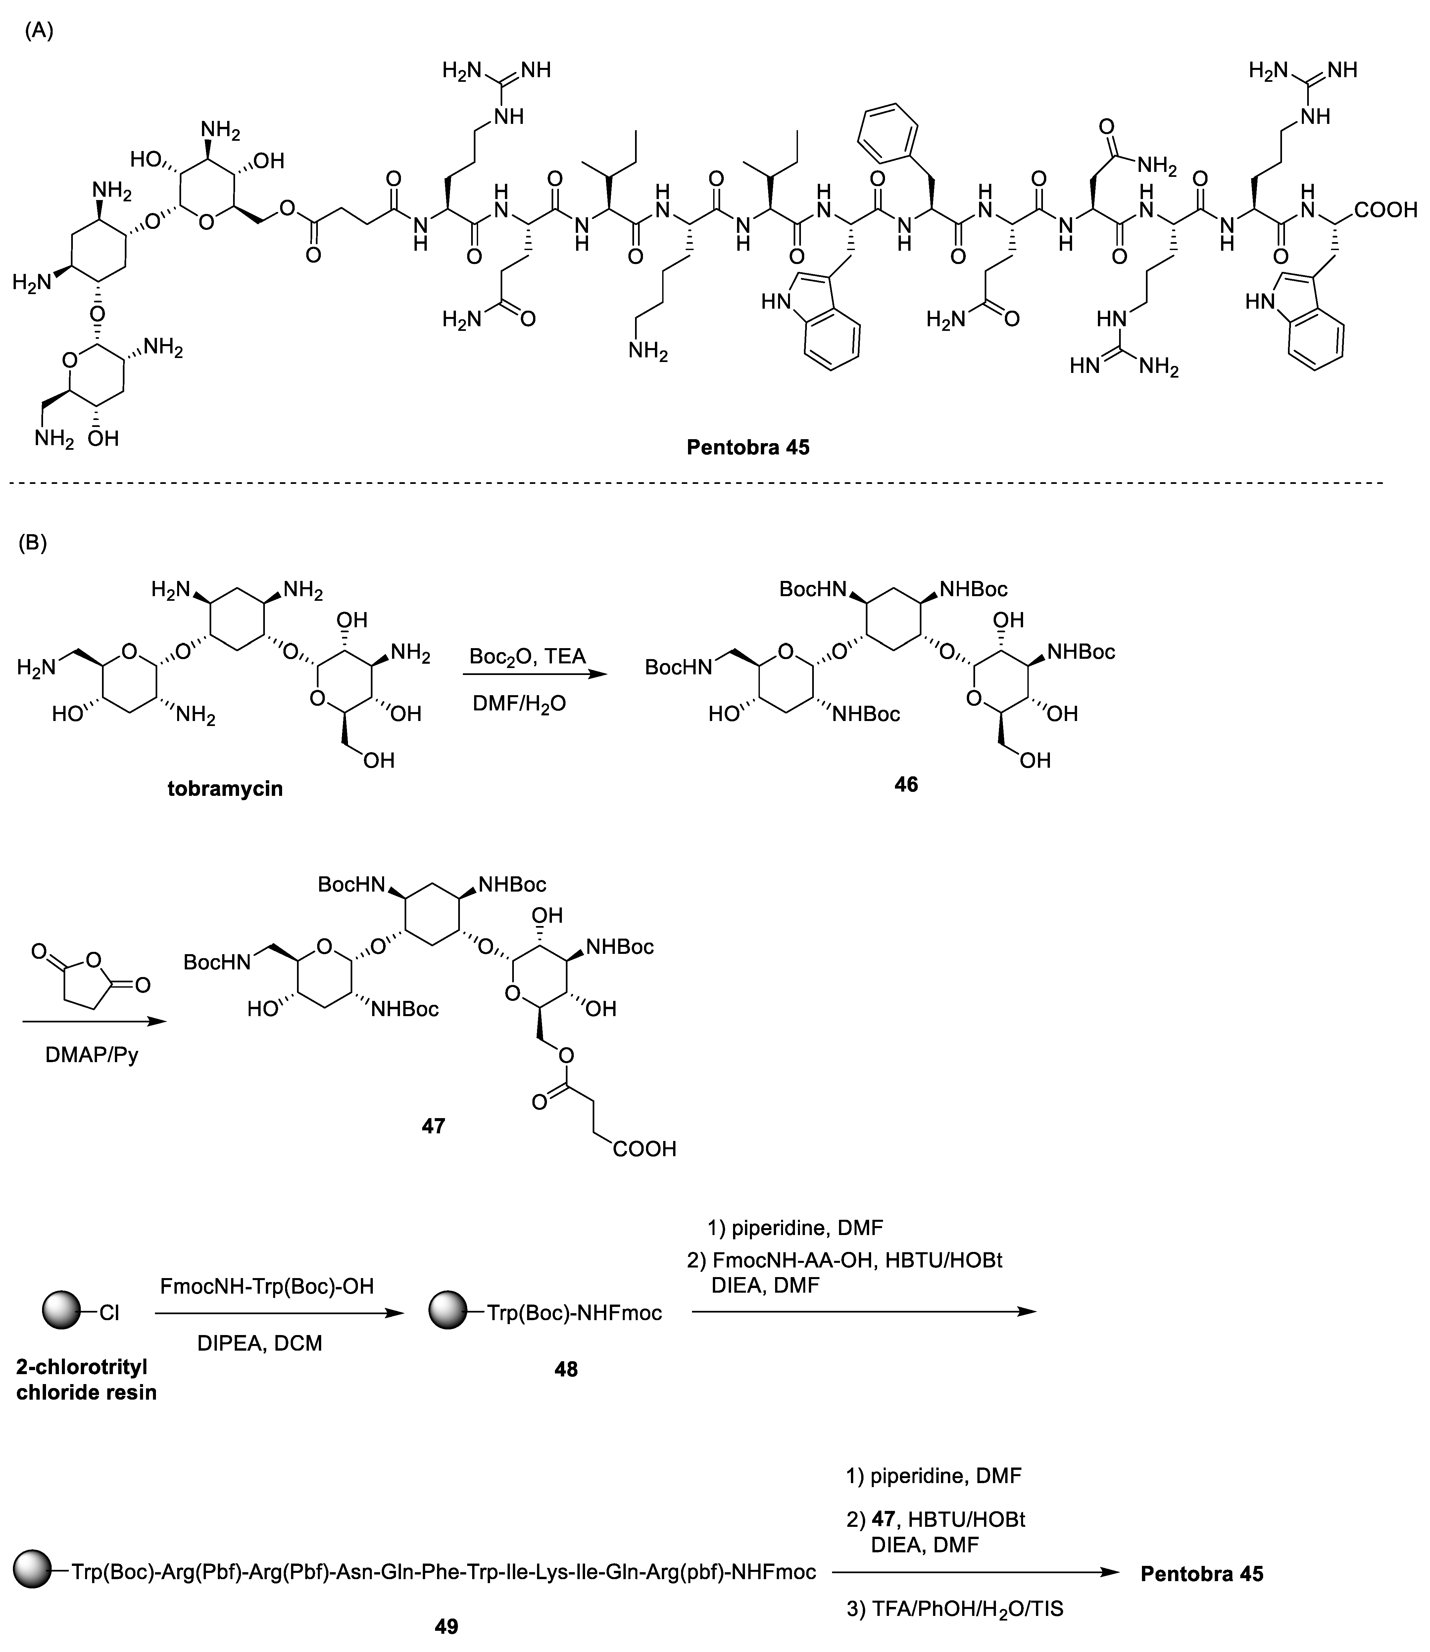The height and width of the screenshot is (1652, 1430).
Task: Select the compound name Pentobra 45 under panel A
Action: (x=748, y=448)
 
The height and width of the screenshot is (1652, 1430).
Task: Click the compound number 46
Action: (x=906, y=785)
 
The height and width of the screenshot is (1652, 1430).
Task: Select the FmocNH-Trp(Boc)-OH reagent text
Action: (x=267, y=1286)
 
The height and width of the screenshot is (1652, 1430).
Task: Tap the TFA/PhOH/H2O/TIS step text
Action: (x=955, y=1608)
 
